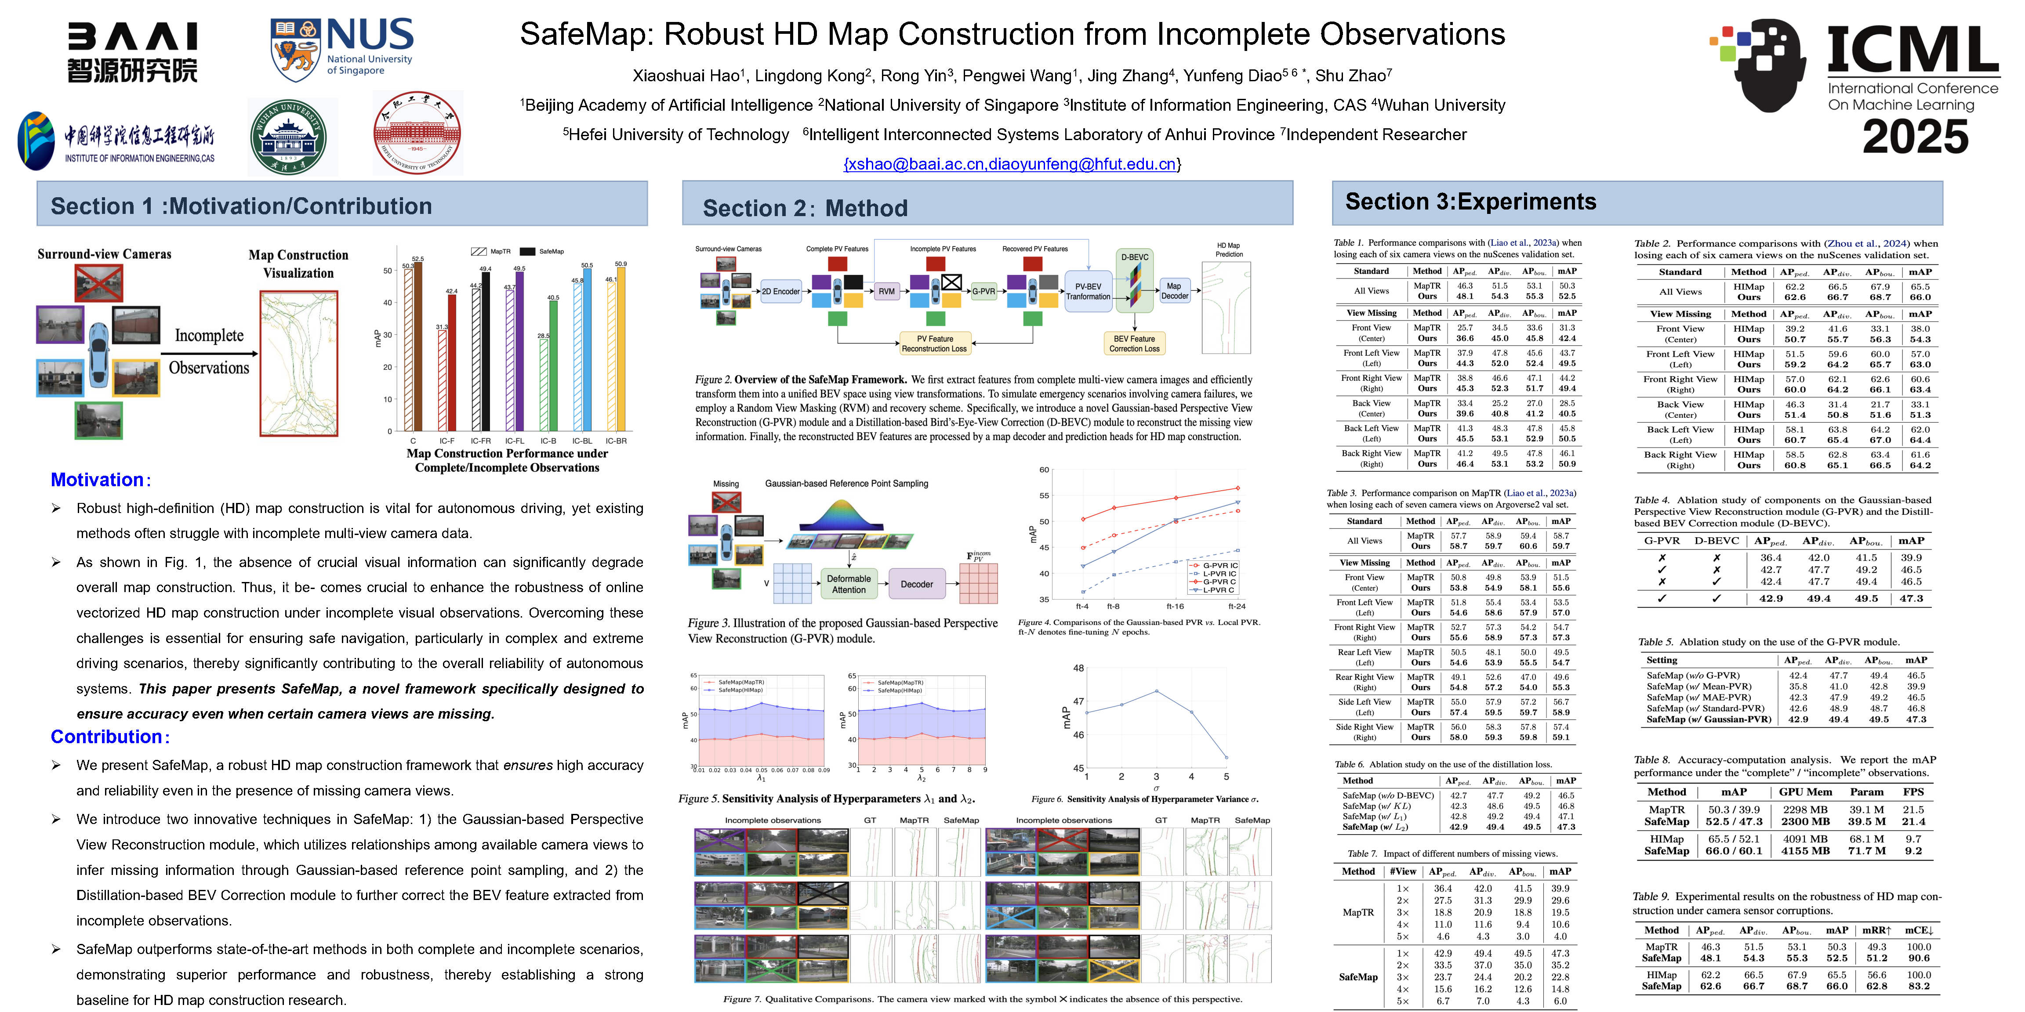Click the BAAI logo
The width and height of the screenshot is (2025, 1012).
click(x=132, y=52)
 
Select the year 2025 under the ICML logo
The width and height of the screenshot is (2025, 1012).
click(x=1915, y=137)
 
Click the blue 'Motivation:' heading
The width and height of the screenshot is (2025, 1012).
click(x=100, y=480)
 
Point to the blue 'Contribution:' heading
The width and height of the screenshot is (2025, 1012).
click(x=109, y=737)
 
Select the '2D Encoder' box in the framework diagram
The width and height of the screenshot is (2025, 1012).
click(x=780, y=292)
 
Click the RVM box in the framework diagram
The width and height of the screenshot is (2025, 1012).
click(x=887, y=292)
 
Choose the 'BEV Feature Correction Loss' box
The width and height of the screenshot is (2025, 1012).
click(x=1134, y=343)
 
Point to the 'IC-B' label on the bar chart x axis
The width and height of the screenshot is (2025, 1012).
click(x=548, y=441)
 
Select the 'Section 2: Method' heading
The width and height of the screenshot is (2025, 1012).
click(x=805, y=208)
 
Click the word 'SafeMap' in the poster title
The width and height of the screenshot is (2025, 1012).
click(x=586, y=35)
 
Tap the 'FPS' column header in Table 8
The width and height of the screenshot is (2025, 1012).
click(x=1913, y=792)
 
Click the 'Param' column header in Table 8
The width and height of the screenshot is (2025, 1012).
click(x=1866, y=792)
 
